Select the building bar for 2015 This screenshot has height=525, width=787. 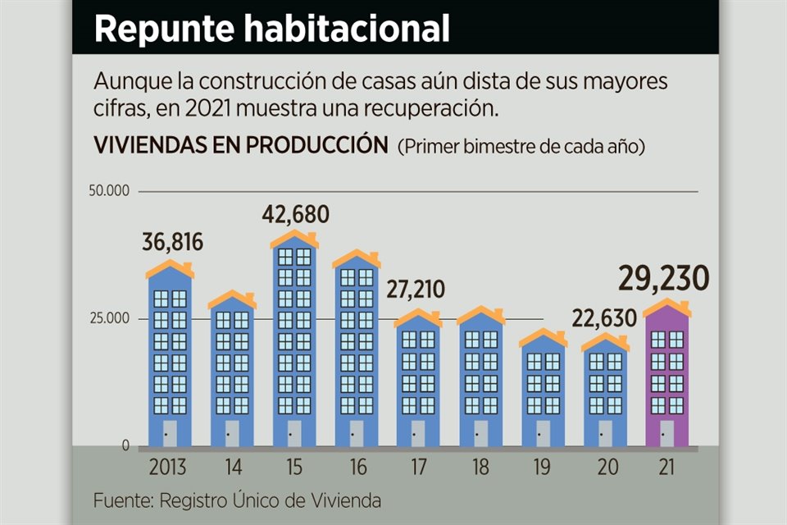click(293, 345)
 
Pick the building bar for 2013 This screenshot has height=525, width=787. click(170, 357)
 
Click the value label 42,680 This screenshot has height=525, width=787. click(295, 215)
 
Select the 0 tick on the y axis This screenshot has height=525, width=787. click(125, 445)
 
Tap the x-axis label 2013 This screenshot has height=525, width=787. click(167, 468)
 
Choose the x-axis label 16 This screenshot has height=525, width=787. click(357, 468)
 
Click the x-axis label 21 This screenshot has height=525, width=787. click(666, 468)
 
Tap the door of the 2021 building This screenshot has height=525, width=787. click(666, 432)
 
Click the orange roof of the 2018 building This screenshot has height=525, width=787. click(481, 315)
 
